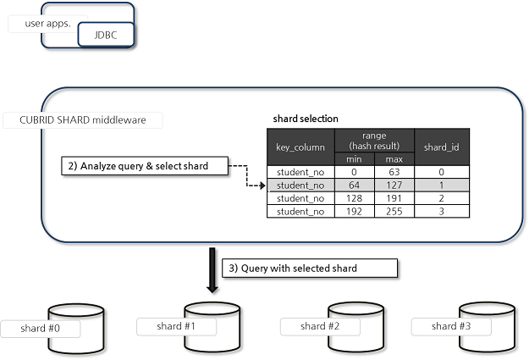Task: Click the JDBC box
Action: click(106, 34)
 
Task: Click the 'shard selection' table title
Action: click(306, 119)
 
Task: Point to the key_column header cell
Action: click(300, 147)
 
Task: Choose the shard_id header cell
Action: click(441, 147)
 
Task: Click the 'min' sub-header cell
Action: click(355, 159)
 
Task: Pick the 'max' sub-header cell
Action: click(394, 159)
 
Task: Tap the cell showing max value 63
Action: click(394, 172)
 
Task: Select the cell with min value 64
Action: click(355, 185)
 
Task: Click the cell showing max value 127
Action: click(394, 185)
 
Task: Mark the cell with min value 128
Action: click(355, 197)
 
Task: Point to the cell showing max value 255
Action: click(394, 211)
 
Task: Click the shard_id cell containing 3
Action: click(441, 211)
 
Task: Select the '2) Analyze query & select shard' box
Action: click(146, 166)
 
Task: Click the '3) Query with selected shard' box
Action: click(310, 269)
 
